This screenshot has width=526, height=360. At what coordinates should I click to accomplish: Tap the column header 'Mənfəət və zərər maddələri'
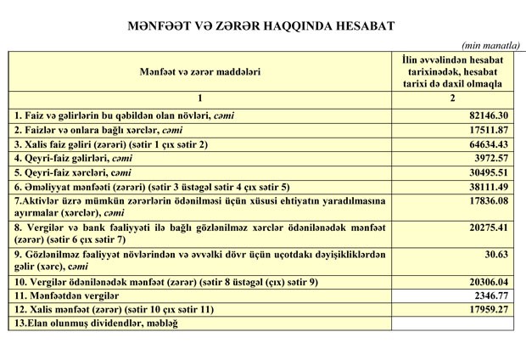tap(200, 73)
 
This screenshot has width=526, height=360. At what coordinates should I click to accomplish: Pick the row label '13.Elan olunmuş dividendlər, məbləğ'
tap(97, 323)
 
